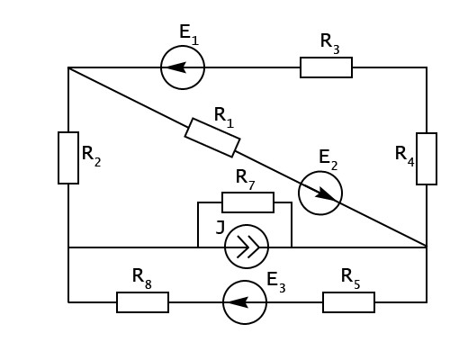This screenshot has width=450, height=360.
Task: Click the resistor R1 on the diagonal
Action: click(212, 138)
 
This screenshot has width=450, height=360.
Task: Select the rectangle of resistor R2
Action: click(68, 157)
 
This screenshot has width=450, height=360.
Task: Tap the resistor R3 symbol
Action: click(326, 67)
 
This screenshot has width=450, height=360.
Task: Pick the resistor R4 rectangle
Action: click(427, 158)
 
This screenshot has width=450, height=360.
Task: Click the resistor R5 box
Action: click(348, 302)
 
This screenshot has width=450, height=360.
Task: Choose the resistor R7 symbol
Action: click(247, 202)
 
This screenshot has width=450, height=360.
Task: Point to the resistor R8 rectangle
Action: click(142, 302)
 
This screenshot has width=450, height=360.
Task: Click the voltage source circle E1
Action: click(183, 67)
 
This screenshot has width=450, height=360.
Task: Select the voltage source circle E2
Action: click(320, 193)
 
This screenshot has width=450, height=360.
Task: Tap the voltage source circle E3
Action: click(245, 302)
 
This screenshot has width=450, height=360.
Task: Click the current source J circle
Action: click(247, 247)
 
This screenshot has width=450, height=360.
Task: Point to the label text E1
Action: click(189, 34)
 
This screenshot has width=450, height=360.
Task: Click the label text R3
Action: click(330, 44)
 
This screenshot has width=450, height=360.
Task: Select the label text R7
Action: click(246, 179)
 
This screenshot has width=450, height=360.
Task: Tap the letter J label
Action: click(220, 228)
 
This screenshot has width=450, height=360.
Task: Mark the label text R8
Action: click(142, 279)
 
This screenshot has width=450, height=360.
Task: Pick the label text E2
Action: click(328, 160)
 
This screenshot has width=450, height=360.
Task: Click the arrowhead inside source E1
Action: click(176, 67)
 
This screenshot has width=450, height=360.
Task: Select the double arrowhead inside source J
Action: click(248, 247)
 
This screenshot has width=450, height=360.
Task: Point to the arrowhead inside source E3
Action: click(238, 302)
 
